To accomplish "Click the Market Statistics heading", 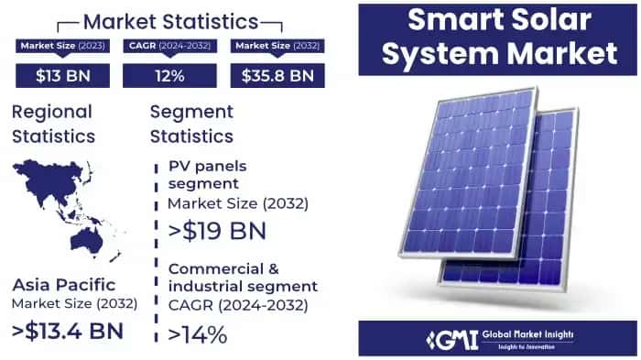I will (170, 19).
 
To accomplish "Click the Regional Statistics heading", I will (52, 124).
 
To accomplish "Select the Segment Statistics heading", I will (192, 124).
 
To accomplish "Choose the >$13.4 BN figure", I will (68, 329).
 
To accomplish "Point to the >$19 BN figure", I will (216, 230).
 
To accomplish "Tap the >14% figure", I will (197, 334).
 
